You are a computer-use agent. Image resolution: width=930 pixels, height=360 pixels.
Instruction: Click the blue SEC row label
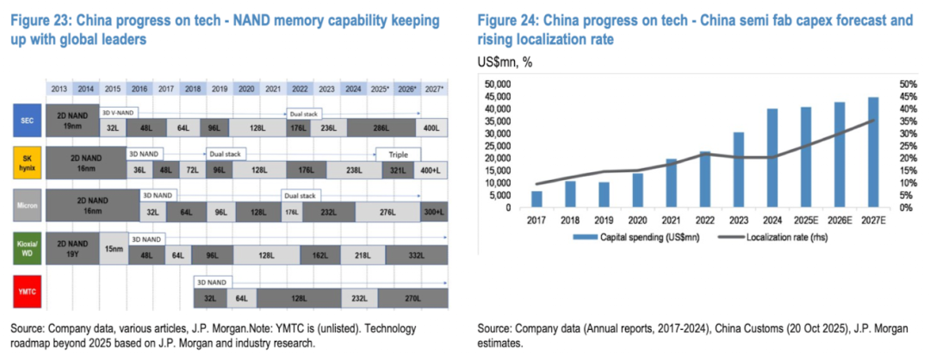(26, 120)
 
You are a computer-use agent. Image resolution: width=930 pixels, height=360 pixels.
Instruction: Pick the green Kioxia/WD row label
(26, 248)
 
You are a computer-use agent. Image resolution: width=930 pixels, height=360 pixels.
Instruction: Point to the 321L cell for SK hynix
(397, 170)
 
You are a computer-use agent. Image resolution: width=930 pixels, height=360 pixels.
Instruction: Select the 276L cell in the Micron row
(388, 212)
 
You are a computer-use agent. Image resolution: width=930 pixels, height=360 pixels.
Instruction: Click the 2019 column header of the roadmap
(220, 89)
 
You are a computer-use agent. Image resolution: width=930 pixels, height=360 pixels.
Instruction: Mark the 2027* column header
(433, 89)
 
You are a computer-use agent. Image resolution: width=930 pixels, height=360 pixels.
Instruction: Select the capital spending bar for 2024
(772, 158)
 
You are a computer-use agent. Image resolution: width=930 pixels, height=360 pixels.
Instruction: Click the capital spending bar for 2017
(536, 199)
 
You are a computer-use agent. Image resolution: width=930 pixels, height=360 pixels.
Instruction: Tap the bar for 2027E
(873, 152)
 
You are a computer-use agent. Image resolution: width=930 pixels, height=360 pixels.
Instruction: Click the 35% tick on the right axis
(907, 121)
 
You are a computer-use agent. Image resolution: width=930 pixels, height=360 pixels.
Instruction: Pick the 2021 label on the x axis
(671, 221)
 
